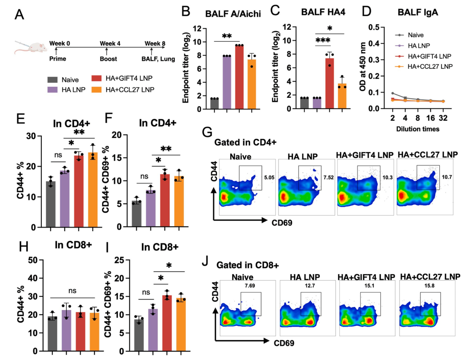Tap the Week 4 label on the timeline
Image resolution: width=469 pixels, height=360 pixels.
pyautogui.click(x=110, y=43)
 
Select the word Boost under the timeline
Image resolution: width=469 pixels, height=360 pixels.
pyautogui.click(x=108, y=59)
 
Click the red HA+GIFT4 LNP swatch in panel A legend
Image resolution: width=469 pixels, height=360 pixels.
pyautogui.click(x=96, y=78)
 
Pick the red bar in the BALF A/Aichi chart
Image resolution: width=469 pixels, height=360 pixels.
pyautogui.click(x=239, y=77)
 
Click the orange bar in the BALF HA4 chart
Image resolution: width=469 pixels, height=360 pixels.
pyautogui.click(x=342, y=96)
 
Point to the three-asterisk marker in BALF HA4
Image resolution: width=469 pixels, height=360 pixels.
pyautogui.click(x=323, y=40)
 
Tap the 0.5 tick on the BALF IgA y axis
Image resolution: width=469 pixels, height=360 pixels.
pyautogui.click(x=375, y=27)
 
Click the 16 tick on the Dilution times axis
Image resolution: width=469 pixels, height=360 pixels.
pyautogui.click(x=431, y=118)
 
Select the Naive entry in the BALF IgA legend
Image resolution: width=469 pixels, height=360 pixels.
pyautogui.click(x=409, y=35)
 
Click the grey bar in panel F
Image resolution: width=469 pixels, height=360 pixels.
pyautogui.click(x=137, y=214)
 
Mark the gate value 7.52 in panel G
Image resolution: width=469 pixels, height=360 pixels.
pyautogui.click(x=328, y=178)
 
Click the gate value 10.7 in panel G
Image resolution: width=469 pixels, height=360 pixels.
pyautogui.click(x=447, y=177)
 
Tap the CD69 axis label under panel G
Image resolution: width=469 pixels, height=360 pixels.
pyautogui.click(x=282, y=223)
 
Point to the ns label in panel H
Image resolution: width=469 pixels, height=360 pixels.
pyautogui.click(x=72, y=291)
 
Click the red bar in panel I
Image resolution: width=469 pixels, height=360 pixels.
pyautogui.click(x=167, y=323)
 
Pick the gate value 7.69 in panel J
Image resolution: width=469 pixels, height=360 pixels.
pyautogui.click(x=250, y=286)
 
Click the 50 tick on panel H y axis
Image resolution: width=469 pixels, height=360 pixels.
pyautogui.click(x=33, y=260)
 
